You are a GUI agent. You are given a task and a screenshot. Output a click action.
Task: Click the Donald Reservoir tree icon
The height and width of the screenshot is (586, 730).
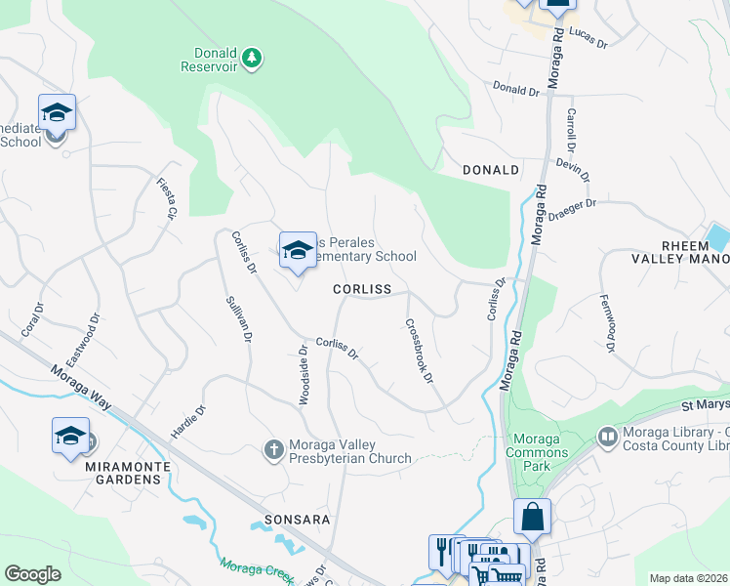[x=253, y=58]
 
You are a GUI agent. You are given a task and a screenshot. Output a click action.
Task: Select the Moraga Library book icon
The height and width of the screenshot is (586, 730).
[x=607, y=435]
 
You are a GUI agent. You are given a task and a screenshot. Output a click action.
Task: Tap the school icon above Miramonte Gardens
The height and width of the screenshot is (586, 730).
[x=70, y=436]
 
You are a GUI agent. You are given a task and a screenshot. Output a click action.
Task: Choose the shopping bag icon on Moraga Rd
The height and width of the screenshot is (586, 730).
[x=532, y=517]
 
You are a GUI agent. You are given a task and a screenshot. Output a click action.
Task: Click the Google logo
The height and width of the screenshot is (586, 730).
[x=33, y=574]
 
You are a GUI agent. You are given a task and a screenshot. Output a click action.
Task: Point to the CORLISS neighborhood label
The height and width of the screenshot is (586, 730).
[x=361, y=290]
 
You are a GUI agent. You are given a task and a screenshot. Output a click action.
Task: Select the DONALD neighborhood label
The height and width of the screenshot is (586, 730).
[x=490, y=170]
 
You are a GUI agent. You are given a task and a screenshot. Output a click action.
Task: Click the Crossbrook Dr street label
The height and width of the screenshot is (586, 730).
[x=419, y=352]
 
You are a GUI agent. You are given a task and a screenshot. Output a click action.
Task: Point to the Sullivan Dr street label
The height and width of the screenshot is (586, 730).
[x=240, y=332]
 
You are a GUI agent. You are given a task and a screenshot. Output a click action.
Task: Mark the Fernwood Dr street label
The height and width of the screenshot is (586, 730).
[x=607, y=322]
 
